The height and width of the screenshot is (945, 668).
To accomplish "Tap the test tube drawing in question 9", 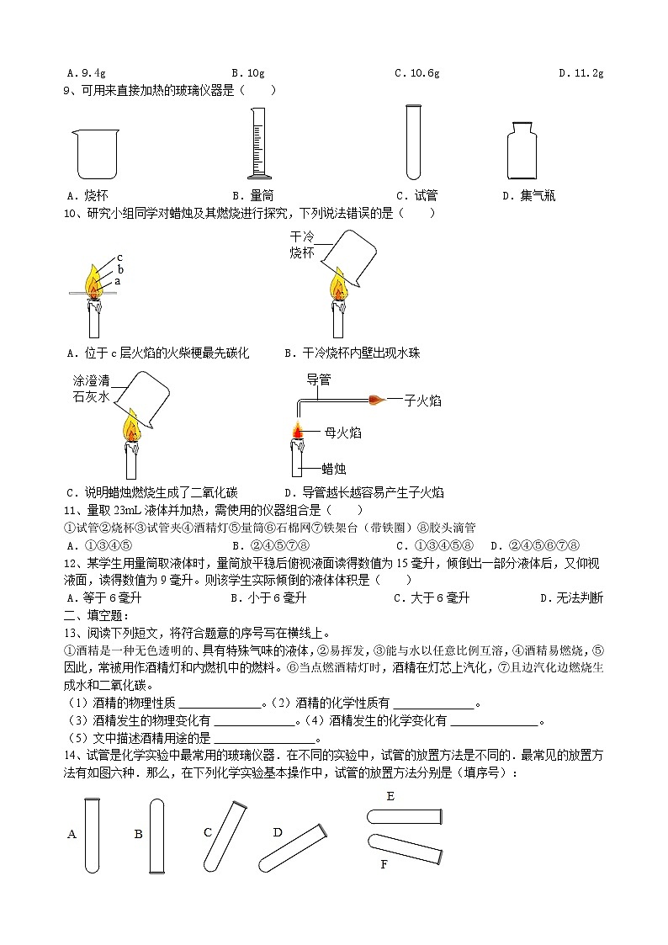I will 412,141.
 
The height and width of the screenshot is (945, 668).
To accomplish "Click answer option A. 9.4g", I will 87,73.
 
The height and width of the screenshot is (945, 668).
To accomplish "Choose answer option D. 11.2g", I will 581,73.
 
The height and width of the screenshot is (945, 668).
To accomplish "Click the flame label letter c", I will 120,257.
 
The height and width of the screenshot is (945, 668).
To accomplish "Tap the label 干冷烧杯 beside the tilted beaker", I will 301,245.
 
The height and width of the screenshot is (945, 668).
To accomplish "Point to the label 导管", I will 317,379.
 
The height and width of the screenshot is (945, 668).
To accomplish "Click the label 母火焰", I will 342,433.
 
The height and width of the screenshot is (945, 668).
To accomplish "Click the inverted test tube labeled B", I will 156,835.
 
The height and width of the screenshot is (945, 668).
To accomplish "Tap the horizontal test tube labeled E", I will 405,815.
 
